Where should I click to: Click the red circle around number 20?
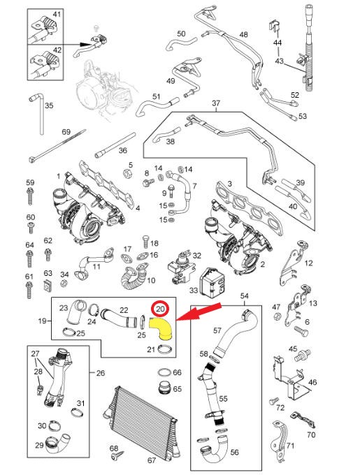[x=160, y=309]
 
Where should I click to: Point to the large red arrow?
[x=199, y=312]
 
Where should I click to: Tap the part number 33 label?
[x=194, y=290]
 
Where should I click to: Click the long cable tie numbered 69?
[x=57, y=146]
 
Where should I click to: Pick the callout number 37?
[x=216, y=103]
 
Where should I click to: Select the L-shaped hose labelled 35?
[x=38, y=114]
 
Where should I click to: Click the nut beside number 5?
[x=127, y=173]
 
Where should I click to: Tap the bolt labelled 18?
[x=145, y=241]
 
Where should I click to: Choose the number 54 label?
[x=244, y=296]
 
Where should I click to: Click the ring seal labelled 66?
[x=164, y=372]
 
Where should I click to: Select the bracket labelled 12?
[x=292, y=263]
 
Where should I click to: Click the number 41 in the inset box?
[x=57, y=14]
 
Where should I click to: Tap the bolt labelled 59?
[x=30, y=196]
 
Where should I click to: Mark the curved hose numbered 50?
[x=181, y=43]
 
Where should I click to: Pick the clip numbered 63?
[x=48, y=285]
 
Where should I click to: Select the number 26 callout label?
[x=100, y=372]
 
